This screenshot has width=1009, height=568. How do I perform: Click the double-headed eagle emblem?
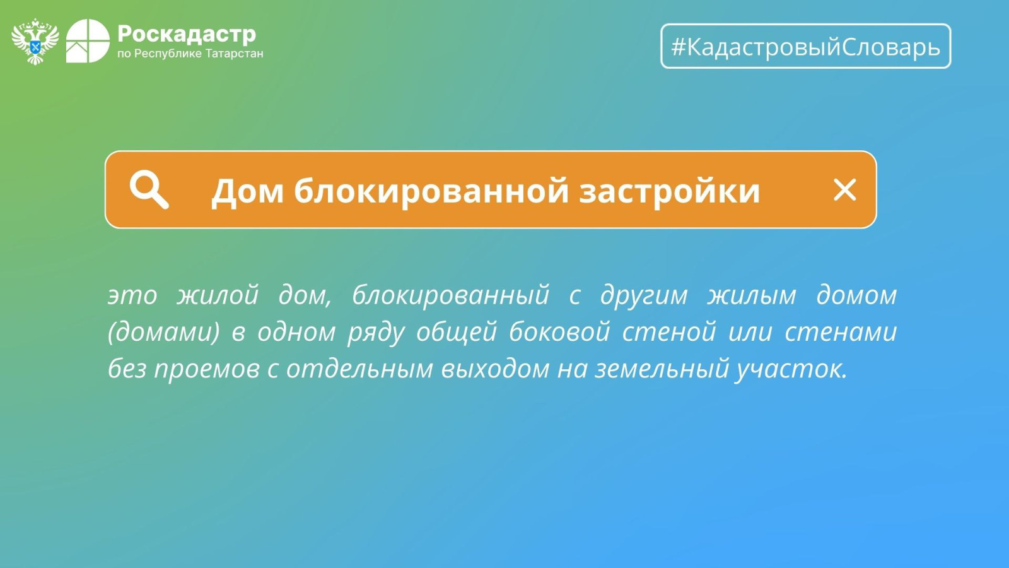(x=35, y=42)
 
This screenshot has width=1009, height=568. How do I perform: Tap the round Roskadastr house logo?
(x=88, y=41)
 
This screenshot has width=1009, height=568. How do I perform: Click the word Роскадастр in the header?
(x=187, y=34)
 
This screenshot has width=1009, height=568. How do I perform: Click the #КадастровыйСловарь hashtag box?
(x=806, y=46)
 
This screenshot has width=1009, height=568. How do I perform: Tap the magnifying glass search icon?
(x=149, y=190)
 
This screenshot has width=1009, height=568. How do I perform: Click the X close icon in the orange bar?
(x=844, y=190)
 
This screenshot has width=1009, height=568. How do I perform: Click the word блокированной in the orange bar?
(x=431, y=190)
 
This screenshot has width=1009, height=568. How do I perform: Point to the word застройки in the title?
(x=669, y=192)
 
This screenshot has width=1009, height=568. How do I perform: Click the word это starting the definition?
(x=132, y=297)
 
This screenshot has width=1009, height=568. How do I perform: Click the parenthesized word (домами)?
(x=164, y=332)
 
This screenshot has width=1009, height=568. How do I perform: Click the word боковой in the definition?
(x=559, y=331)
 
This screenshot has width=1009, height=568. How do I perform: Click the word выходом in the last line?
(x=495, y=368)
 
